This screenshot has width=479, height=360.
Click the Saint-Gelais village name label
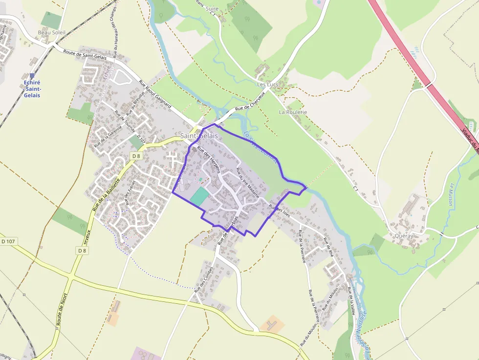point(199,136)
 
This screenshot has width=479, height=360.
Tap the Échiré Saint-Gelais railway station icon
point(32,76)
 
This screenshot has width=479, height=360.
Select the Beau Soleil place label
point(51,33)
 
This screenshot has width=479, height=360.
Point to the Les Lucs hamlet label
point(267,85)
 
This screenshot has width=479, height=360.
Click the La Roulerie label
point(293,112)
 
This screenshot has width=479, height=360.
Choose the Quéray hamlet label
point(404,235)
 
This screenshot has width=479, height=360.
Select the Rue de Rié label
point(327,247)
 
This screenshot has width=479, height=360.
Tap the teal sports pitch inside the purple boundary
point(199,197)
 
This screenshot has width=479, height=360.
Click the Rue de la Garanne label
point(108,136)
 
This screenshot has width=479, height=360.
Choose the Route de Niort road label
point(61,310)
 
